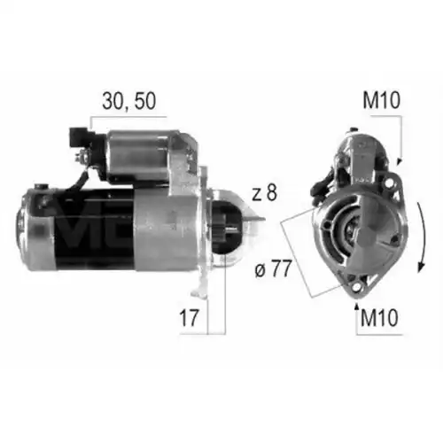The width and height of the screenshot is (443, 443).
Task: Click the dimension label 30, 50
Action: (128, 102)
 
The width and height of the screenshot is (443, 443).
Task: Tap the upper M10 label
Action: (381, 100)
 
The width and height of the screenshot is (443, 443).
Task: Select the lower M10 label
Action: (379, 318)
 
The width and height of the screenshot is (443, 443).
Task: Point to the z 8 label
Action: (264, 192)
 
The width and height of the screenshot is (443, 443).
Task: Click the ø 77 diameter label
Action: (273, 268)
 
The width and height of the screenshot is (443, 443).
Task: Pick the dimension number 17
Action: (189, 318)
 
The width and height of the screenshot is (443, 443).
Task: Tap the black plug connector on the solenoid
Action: (79, 138)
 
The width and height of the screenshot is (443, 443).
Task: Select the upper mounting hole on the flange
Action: (390, 183)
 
